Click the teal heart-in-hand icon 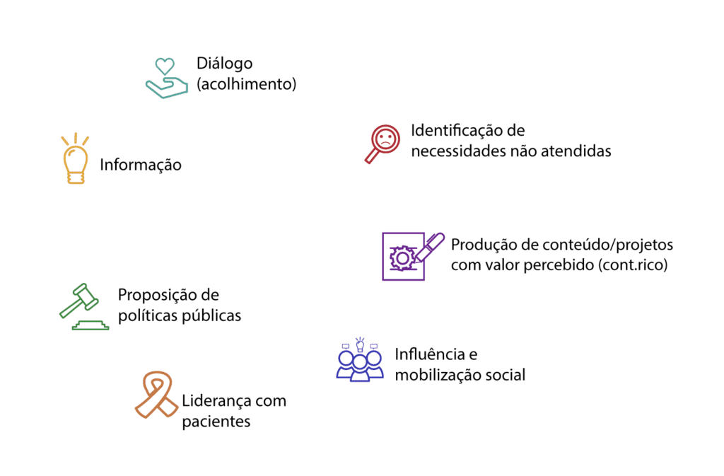pos(164,78)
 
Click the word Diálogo pos(224,64)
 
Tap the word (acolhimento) pos(245,84)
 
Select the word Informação pos(141,165)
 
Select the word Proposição pos(160,294)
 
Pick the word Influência pos(430,354)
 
